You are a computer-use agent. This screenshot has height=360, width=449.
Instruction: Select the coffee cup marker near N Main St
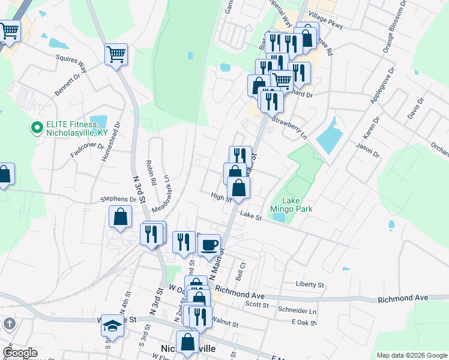click(x=209, y=245)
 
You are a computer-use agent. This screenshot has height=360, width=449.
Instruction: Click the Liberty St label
click(x=310, y=284)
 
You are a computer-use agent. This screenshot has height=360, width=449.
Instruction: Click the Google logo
click(x=20, y=353)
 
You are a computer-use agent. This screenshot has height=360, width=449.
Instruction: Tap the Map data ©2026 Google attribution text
click(x=411, y=355)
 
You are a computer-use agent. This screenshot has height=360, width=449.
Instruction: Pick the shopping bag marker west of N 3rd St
click(x=121, y=218)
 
